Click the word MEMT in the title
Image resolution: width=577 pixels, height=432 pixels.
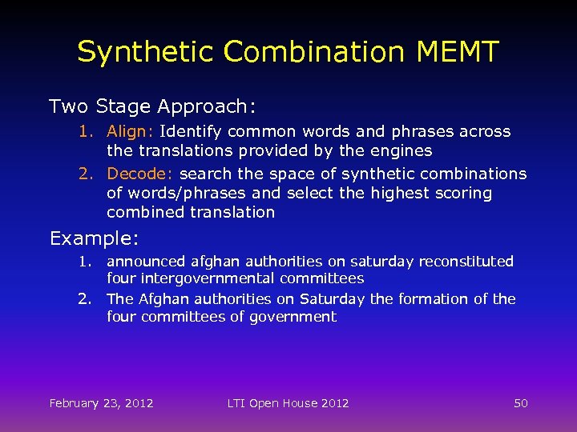(458, 52)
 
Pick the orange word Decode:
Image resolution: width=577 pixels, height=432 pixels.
(140, 174)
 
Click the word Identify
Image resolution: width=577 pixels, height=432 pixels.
(192, 131)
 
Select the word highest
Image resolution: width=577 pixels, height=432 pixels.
(398, 193)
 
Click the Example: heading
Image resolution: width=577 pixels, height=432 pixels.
(95, 238)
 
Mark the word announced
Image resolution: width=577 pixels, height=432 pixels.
(145, 262)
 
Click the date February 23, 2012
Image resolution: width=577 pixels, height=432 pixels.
(101, 403)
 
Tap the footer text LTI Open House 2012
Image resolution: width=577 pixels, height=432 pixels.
(288, 403)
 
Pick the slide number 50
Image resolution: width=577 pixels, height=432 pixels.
(520, 403)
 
